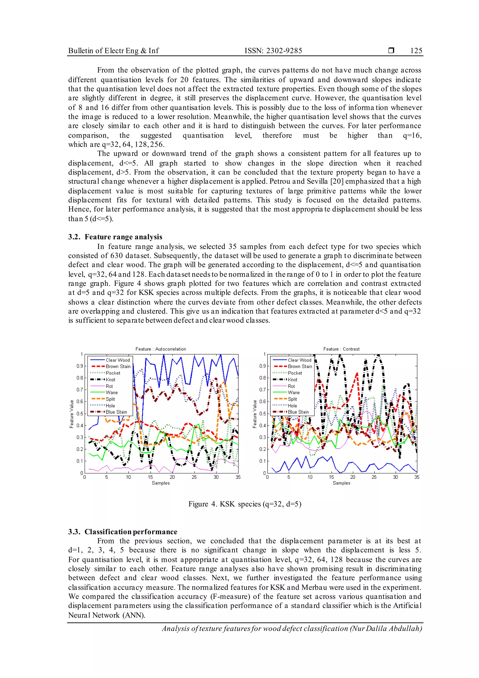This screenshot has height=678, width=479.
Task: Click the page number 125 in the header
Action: pyautogui.click(x=416, y=51)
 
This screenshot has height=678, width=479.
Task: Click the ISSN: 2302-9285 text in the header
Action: pyautogui.click(x=273, y=51)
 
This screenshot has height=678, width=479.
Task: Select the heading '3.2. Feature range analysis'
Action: pyautogui.click(x=115, y=237)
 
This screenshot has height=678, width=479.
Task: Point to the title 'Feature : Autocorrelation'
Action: pyautogui.click(x=161, y=349)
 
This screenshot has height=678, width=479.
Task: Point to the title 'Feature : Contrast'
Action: pyautogui.click(x=341, y=349)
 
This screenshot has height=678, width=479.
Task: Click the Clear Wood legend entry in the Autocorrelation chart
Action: pyautogui.click(x=118, y=360)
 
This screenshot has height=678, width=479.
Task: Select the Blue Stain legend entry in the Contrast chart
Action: pyautogui.click(x=298, y=412)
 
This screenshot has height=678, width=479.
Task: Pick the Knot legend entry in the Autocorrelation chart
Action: pyautogui.click(x=111, y=380)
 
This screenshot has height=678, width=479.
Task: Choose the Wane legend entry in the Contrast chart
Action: pyautogui.click(x=294, y=392)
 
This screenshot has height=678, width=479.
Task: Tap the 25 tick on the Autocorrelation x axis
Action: pyautogui.click(x=194, y=477)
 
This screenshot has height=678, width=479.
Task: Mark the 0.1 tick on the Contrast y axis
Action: pyautogui.click(x=262, y=461)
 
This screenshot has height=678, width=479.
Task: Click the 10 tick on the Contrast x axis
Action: pyautogui.click(x=310, y=477)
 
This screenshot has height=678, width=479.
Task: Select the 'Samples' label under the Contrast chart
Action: pyautogui.click(x=341, y=483)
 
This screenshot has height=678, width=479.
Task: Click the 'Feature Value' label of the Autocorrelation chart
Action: pyautogui.click(x=72, y=414)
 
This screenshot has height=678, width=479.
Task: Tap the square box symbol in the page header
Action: pyautogui.click(x=391, y=51)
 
